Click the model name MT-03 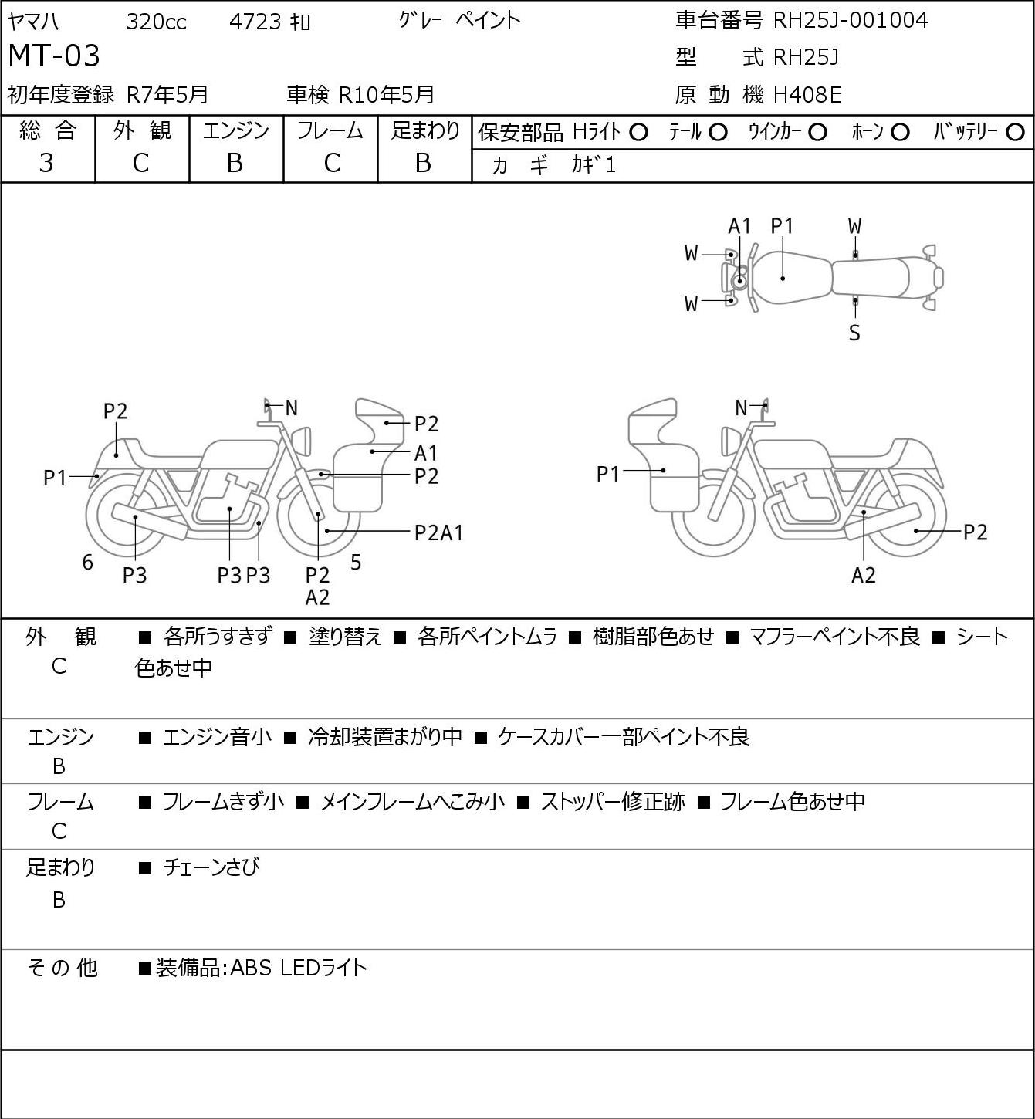pos(54,56)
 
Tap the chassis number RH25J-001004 pos(850,20)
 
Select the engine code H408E pos(807,95)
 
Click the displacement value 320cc pos(156,22)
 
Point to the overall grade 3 pos(46,164)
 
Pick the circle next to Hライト pos(638,133)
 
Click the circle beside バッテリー pos(1015,133)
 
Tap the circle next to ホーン pos(900,133)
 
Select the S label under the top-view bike pos(854,333)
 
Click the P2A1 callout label pos(438,532)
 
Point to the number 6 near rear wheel pos(87,562)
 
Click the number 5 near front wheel pos(356,562)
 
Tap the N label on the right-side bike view pos(741,407)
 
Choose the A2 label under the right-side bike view pos(863,575)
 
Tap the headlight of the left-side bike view pos(302,441)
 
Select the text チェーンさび pos(211,867)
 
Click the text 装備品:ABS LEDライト pos(261,968)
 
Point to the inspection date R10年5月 pos(386,95)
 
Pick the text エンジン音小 pos(217,737)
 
